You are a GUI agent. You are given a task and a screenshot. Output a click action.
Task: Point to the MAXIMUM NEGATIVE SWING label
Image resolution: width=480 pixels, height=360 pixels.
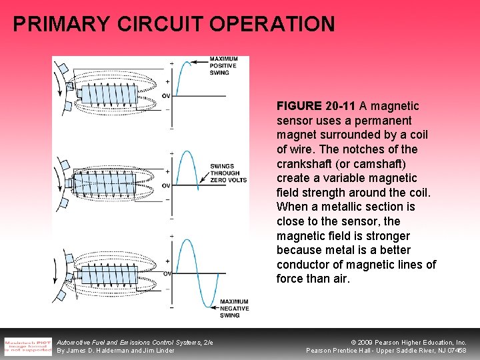[x=234, y=309]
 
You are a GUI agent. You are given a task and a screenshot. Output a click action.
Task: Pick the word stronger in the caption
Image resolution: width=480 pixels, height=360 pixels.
[x=389, y=236]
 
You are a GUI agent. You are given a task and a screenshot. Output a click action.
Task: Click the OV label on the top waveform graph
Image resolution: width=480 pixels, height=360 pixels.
[x=166, y=95]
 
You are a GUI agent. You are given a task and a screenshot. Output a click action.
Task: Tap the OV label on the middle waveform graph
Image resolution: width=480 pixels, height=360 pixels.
[x=166, y=185]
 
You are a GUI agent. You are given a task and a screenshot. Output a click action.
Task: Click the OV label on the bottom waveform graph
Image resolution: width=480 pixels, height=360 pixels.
[x=167, y=273]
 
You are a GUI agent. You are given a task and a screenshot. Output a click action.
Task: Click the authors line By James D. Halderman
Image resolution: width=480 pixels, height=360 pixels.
[x=116, y=351]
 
